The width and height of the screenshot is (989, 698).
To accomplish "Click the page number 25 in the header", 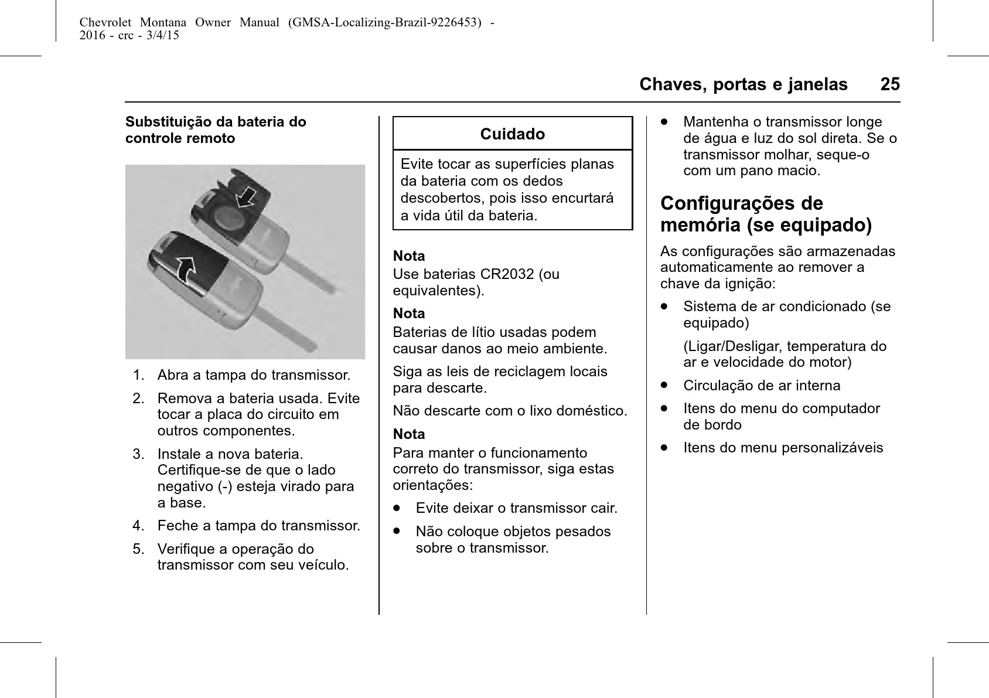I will tap(889, 84).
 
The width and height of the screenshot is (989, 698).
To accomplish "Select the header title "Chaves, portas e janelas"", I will tap(743, 84).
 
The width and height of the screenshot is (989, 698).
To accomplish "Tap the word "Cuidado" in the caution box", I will tap(512, 134).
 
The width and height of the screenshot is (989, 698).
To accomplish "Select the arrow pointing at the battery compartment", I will tap(247, 197).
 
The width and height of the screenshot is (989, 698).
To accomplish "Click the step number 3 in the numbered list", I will tap(138, 454).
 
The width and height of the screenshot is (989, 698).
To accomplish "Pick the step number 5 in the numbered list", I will tap(138, 549).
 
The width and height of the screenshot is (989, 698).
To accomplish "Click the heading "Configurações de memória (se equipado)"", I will tap(766, 214).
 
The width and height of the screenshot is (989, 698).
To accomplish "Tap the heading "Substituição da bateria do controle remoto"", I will tap(216, 130).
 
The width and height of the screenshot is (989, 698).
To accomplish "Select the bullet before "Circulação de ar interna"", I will tap(664, 386).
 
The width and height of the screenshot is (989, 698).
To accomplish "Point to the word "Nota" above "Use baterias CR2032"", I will tap(409, 256).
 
